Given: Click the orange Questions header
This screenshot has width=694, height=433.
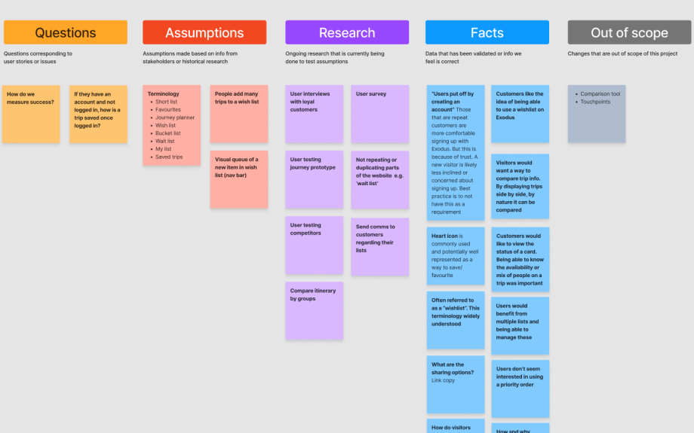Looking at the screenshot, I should pyautogui.click(x=66, y=32).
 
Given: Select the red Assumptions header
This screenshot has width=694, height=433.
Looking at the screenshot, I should pyautogui.click(x=204, y=32).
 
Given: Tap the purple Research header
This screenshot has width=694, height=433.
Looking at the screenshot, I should pyautogui.click(x=347, y=32).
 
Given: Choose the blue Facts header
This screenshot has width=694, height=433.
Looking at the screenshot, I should pyautogui.click(x=487, y=32).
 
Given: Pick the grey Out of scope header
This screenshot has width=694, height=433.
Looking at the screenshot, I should pyautogui.click(x=629, y=32).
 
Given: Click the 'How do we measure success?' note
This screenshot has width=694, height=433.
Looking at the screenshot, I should pyautogui.click(x=31, y=114).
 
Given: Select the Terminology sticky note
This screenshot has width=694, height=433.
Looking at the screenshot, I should pyautogui.click(x=171, y=124).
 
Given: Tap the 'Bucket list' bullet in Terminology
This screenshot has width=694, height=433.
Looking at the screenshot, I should pyautogui.click(x=168, y=133).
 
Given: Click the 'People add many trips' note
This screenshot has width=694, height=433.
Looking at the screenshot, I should pyautogui.click(x=238, y=114).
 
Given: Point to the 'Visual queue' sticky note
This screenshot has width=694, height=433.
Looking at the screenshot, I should pyautogui.click(x=238, y=179).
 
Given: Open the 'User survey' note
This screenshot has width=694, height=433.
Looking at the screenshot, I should pyautogui.click(x=379, y=114).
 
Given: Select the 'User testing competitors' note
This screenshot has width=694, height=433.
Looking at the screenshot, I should pyautogui.click(x=314, y=245).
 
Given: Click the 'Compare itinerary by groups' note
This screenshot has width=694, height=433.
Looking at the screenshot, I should pyautogui.click(x=314, y=310).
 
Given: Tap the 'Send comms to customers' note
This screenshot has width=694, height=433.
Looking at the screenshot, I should pyautogui.click(x=379, y=246).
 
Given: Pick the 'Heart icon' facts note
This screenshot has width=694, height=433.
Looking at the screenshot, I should pyautogui.click(x=455, y=255).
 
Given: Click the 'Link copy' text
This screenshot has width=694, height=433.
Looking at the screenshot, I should pyautogui.click(x=443, y=380).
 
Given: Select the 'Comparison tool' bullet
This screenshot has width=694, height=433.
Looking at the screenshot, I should pyautogui.click(x=600, y=94).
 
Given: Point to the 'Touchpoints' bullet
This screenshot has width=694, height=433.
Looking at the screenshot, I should pyautogui.click(x=595, y=102).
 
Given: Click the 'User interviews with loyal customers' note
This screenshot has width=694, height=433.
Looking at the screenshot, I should pyautogui.click(x=314, y=114).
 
